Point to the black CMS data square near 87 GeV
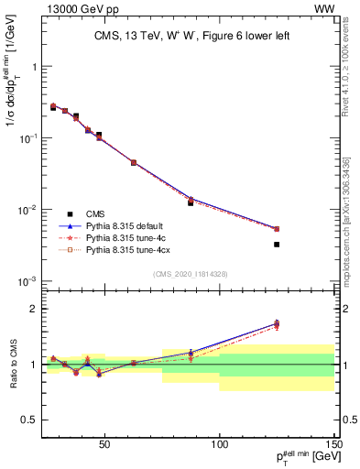click(x=191, y=202)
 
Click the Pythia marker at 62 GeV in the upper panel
click(x=134, y=162)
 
